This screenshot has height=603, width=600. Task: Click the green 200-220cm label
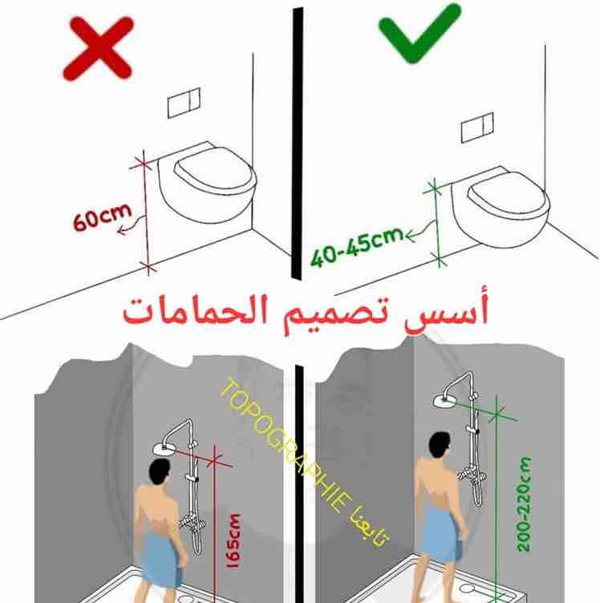pyautogui.click(x=525, y=504)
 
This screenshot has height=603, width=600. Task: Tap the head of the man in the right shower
pyautogui.click(x=438, y=446)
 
